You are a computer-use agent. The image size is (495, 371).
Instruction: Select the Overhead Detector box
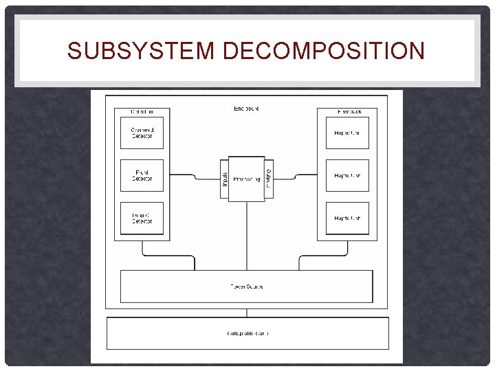coord(142,133)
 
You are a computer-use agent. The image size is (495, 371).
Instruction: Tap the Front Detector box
coord(142,176)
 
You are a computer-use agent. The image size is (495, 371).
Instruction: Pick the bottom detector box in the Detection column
coord(142,218)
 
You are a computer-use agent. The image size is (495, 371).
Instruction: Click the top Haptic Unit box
coord(347,133)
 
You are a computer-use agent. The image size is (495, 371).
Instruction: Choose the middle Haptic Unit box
coord(347,176)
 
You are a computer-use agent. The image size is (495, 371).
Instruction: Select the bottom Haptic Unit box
coord(347,218)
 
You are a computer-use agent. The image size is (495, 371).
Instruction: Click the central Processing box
coord(246,179)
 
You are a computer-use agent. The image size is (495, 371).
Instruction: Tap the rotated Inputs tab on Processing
coord(224,179)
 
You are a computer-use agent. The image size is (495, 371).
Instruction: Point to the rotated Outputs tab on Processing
coord(269,179)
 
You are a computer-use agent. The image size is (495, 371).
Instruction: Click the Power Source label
coord(246,286)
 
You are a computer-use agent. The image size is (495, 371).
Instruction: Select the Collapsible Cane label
coord(247,333)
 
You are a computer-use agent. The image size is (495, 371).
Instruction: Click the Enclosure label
coord(246,109)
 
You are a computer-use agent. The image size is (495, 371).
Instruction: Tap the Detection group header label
coord(142,111)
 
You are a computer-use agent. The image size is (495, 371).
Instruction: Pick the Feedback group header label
coord(347,111)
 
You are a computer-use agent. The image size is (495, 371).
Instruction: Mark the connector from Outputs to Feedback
coord(296,177)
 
